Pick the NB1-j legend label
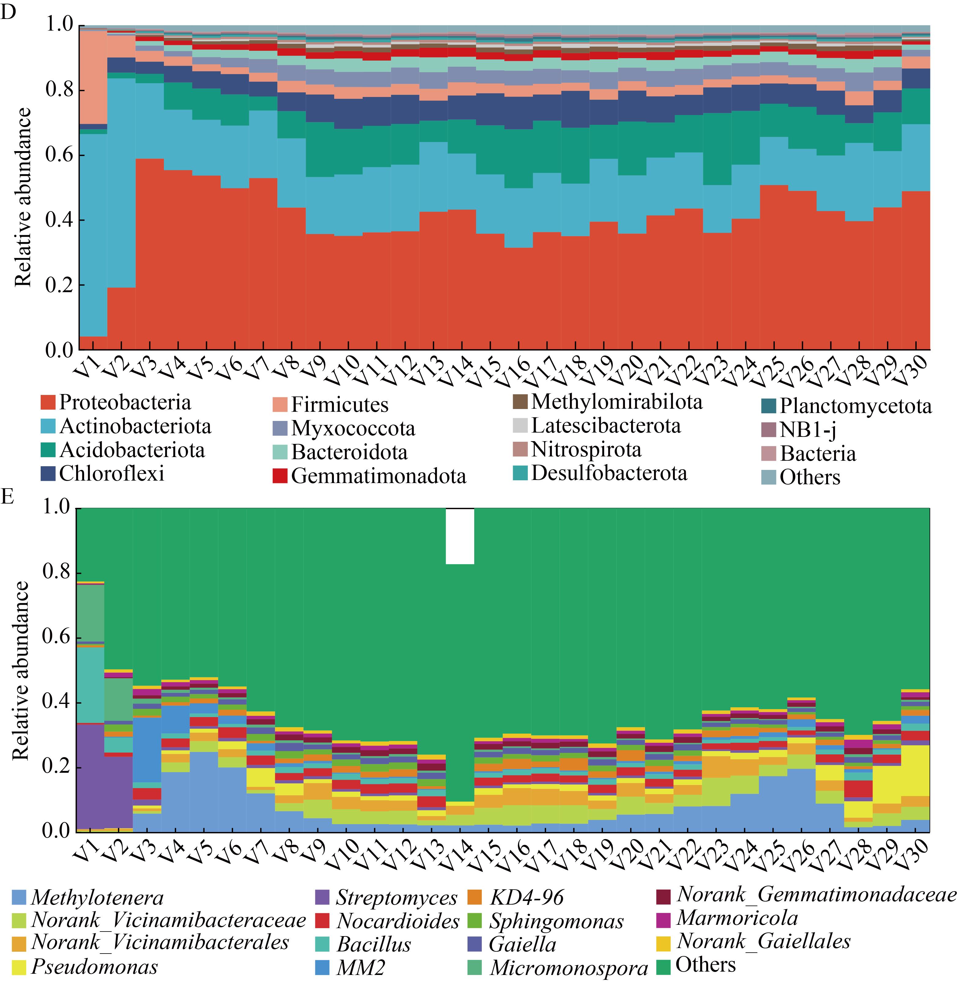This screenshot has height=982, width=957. coord(808,430)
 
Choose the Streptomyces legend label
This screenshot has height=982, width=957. coord(396,898)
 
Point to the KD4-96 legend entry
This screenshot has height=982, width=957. coord(526,898)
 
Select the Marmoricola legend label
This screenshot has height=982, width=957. coord(737,918)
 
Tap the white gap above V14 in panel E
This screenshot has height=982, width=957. coord(460,536)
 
